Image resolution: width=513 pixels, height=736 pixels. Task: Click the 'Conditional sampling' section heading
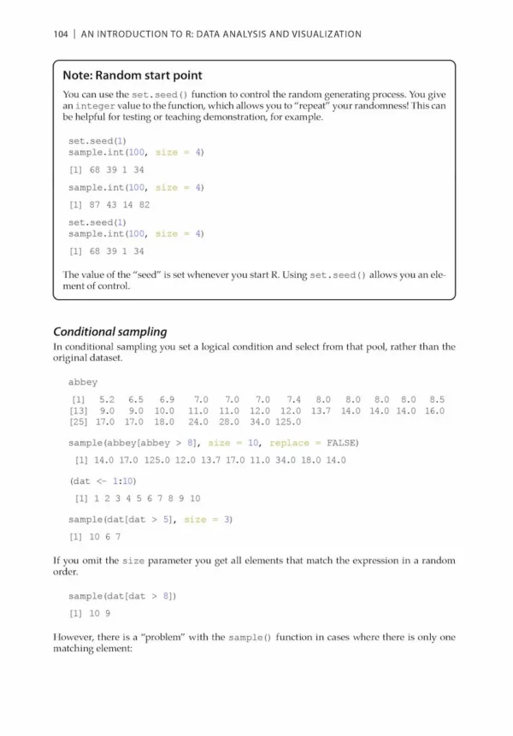[x=109, y=332]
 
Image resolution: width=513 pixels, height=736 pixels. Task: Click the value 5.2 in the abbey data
[x=106, y=399]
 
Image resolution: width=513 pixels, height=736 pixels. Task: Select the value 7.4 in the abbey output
[x=294, y=399]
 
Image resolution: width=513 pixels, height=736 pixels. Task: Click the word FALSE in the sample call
[x=340, y=443]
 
